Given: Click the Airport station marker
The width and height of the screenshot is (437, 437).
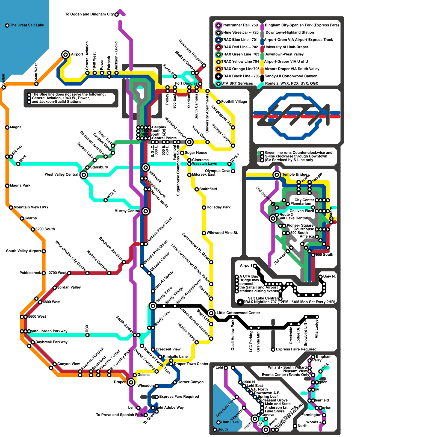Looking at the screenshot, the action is click(x=65, y=54).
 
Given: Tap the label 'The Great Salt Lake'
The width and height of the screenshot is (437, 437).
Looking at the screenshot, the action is click(x=27, y=25).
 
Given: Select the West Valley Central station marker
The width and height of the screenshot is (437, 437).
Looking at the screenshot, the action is click(x=84, y=175).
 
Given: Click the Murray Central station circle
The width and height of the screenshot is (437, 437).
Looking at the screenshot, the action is click(x=146, y=211).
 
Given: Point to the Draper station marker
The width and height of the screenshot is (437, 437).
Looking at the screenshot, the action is click(x=131, y=382).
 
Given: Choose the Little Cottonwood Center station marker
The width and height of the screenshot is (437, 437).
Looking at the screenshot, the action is click(x=211, y=313).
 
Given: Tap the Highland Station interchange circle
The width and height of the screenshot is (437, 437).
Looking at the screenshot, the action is click(x=189, y=142).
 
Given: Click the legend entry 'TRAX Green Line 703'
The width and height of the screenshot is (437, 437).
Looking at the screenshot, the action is click(x=240, y=54).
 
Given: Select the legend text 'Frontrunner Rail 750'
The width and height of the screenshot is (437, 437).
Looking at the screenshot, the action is click(x=239, y=25).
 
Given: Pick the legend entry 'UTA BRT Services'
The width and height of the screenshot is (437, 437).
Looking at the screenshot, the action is click(x=237, y=83).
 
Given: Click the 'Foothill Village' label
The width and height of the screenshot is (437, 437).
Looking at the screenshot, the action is click(x=234, y=102).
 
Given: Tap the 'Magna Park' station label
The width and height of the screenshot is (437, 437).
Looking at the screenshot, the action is click(x=20, y=185).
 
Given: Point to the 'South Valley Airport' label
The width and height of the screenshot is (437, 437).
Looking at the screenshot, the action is click(x=23, y=251).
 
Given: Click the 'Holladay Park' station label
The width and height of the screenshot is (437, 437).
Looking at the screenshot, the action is click(x=218, y=207).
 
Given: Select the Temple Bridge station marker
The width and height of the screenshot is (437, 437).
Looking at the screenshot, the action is click(x=277, y=175).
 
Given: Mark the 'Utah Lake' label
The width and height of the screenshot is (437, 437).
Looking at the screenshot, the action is click(x=230, y=422).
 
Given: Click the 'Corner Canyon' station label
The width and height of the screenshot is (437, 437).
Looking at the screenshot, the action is click(x=190, y=382).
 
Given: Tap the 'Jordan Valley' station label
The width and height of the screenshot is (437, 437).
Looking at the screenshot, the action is click(x=69, y=287).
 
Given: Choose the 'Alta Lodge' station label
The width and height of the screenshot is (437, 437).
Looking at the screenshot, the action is click(x=317, y=329).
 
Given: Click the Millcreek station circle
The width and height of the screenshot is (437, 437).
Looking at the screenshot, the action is click(x=146, y=167).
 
